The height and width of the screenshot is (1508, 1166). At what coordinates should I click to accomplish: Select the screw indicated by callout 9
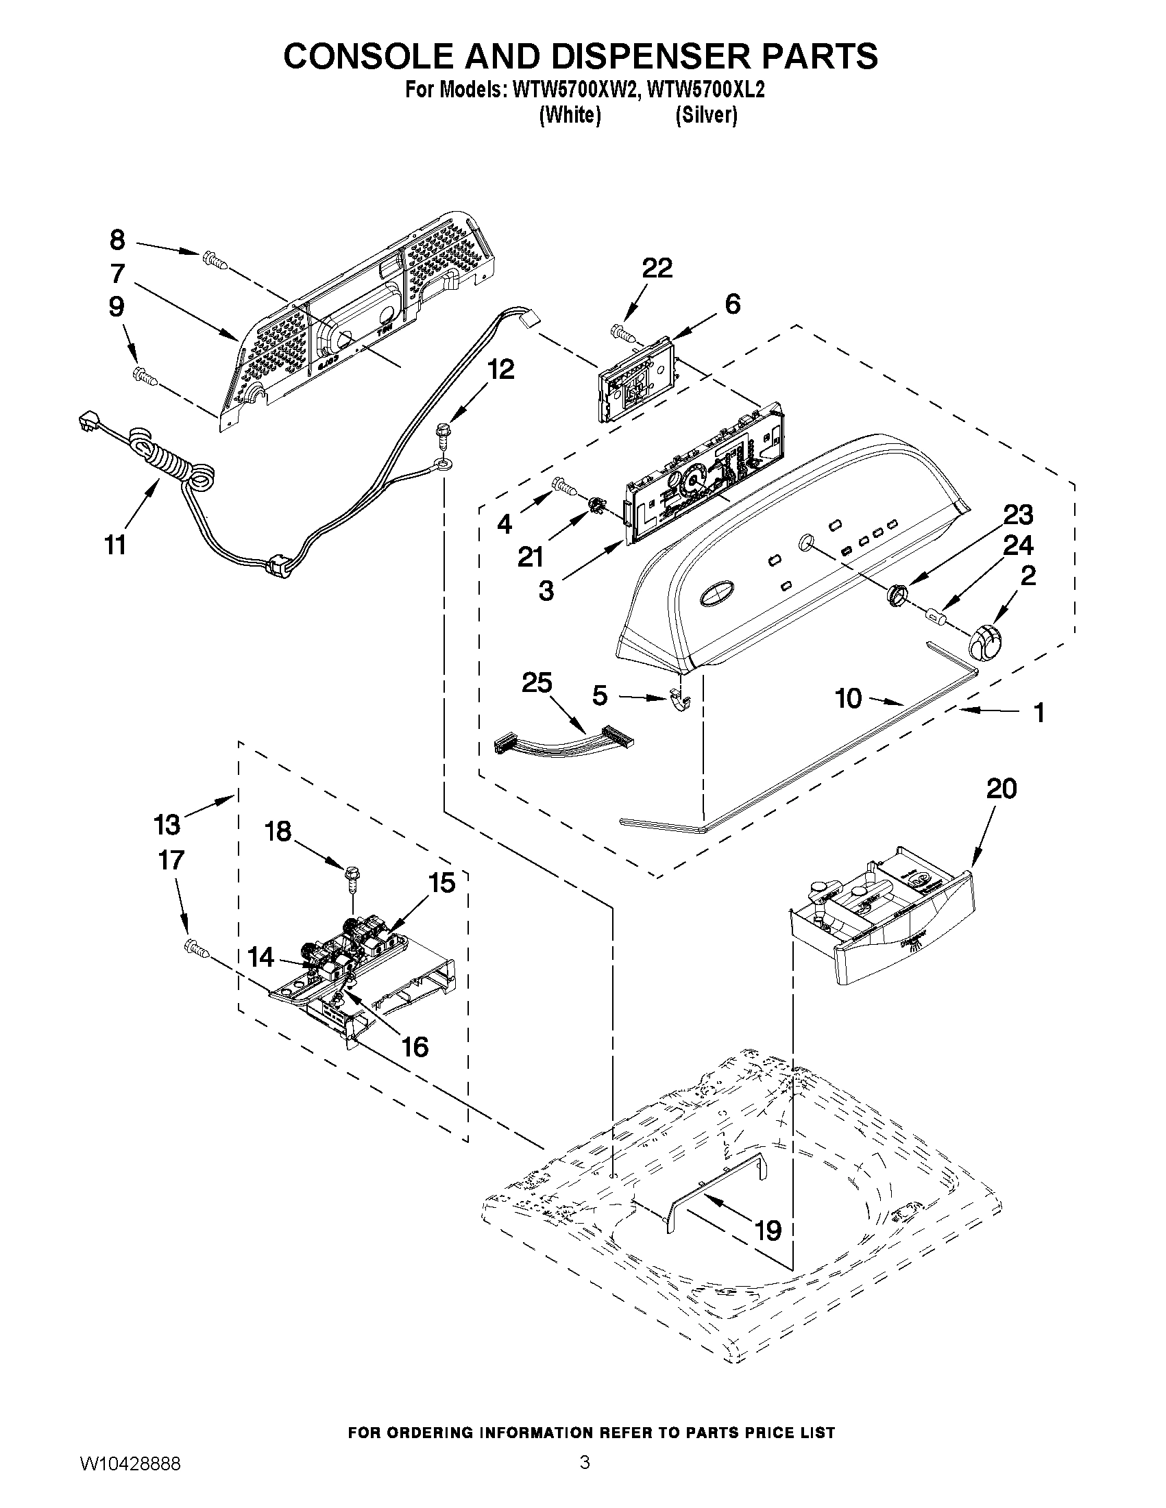coord(145,376)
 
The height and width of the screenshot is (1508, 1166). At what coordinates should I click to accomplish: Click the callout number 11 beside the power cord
coord(115,545)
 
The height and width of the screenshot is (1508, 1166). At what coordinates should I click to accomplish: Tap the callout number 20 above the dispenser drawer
coord(1001,789)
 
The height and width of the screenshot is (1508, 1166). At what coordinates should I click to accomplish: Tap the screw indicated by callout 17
coord(195,950)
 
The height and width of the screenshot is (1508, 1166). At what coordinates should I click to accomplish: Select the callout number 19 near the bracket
coord(768,1230)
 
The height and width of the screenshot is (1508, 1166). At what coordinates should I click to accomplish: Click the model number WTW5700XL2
coord(707,90)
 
